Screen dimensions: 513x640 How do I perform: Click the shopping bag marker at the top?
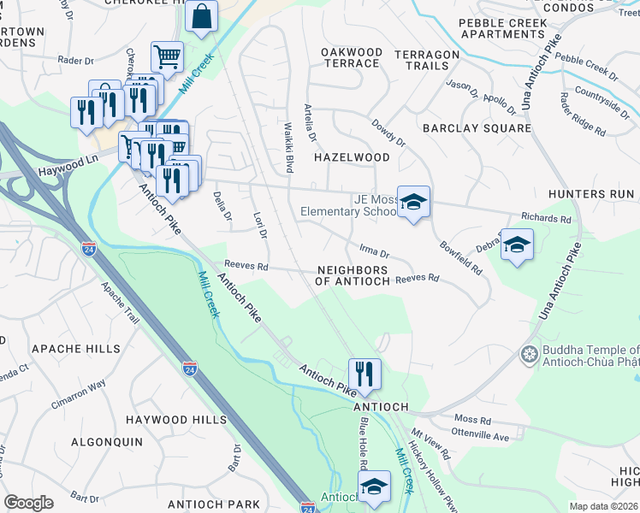click(201, 16)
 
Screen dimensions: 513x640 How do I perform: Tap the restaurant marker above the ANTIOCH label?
click(364, 373)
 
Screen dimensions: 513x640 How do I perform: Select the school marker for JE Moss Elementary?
click(413, 202)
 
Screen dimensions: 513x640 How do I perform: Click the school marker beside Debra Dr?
click(517, 245)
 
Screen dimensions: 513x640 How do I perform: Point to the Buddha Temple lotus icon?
click(529, 354)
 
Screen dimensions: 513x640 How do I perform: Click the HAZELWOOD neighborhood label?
click(352, 157)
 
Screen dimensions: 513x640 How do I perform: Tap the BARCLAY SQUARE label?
click(477, 128)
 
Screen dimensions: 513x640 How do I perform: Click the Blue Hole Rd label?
click(363, 443)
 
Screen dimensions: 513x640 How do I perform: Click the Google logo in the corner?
click(28, 503)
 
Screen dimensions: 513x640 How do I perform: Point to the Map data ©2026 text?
click(603, 506)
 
